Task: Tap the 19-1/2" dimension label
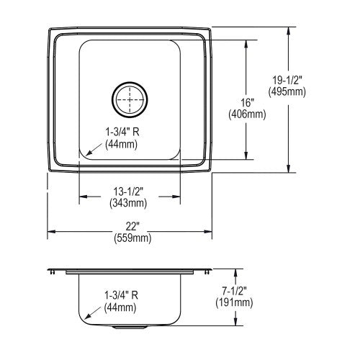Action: click(286, 80)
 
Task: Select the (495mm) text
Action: click(287, 92)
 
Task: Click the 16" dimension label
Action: click(248, 103)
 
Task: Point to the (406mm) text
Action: click(247, 114)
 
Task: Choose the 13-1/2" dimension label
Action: click(128, 192)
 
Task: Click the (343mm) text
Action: click(128, 203)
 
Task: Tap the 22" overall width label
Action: click(132, 226)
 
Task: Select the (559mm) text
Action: click(132, 238)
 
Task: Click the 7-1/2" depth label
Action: click(234, 291)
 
